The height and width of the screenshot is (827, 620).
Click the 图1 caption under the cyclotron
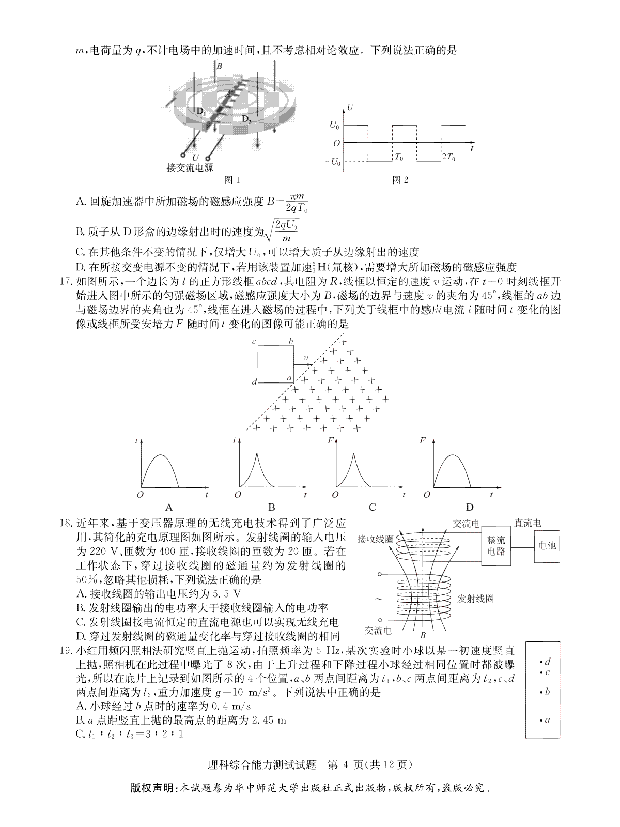point(231,180)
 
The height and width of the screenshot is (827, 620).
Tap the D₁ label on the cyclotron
point(201,111)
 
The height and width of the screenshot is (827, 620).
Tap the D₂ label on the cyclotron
point(246,120)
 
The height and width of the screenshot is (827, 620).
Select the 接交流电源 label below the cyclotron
point(190,167)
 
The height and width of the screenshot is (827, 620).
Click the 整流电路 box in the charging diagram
point(496,546)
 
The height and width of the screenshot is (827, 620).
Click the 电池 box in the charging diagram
point(547,545)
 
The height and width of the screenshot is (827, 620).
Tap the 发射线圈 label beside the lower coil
point(475,599)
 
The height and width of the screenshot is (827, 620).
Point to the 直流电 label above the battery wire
point(528,524)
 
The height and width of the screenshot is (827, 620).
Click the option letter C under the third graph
point(372,507)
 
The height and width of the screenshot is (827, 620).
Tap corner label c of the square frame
point(254,342)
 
